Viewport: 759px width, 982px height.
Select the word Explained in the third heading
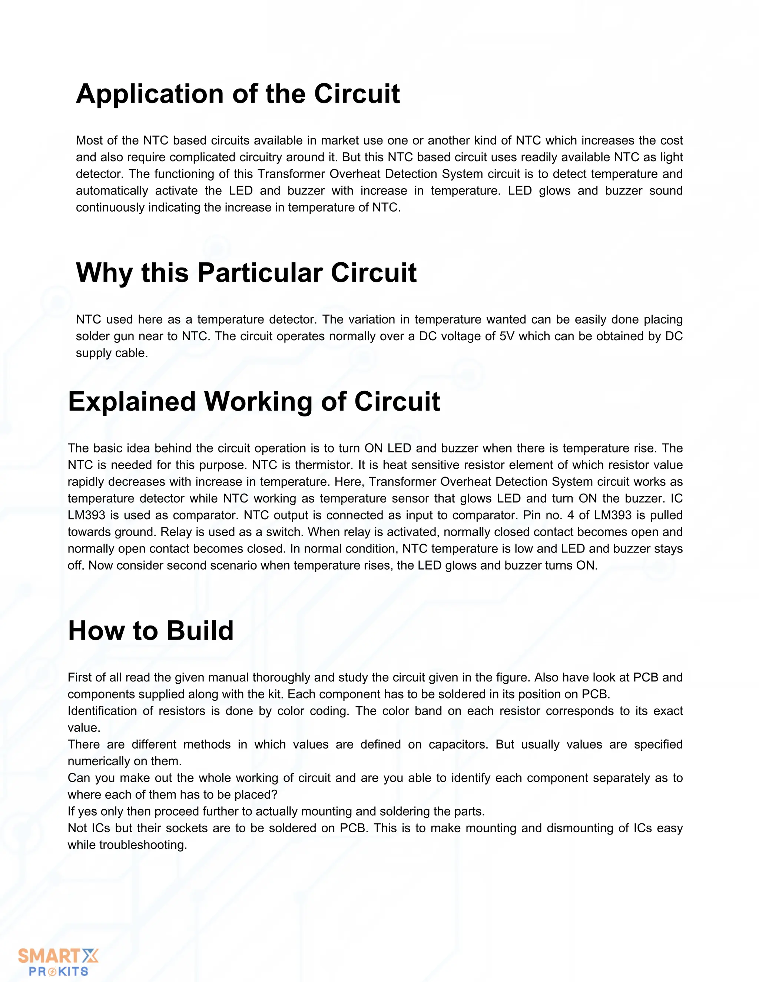132,402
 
